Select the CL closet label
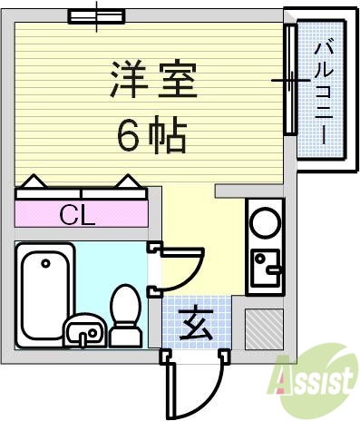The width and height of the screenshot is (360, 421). [80, 215]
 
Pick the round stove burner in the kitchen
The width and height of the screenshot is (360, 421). [266, 224]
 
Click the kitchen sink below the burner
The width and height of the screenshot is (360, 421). [266, 268]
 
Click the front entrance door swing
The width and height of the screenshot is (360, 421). [195, 386]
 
